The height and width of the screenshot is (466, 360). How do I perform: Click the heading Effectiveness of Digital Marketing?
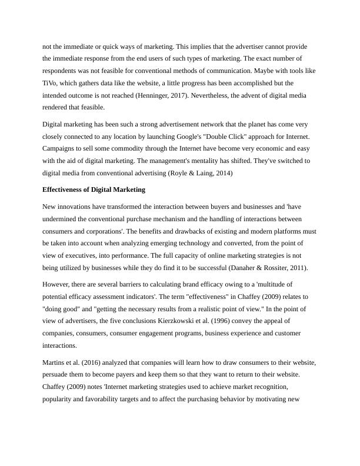pyautogui.click(x=94, y=190)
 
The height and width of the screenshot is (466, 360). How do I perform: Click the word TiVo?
pyautogui.click(x=51, y=83)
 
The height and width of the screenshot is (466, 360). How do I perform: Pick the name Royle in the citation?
pyautogui.click(x=185, y=173)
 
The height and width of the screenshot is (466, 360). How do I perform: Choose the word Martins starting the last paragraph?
pyautogui.click(x=55, y=362)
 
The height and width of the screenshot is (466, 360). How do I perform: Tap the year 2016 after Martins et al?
pyautogui.click(x=95, y=362)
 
